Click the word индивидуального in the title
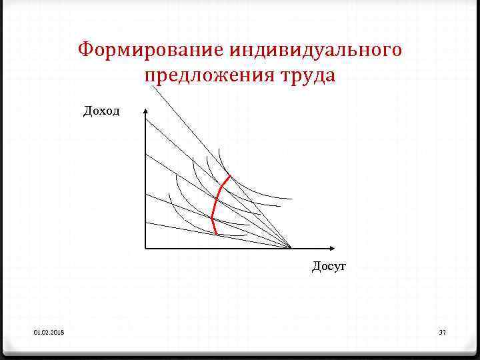[316, 50]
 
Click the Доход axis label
[101, 111]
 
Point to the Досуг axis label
[329, 266]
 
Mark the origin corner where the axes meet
[145, 248]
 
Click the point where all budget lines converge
[291, 248]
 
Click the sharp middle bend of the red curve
[212, 217]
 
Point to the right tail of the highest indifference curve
[292, 199]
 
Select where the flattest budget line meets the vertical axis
[145, 223]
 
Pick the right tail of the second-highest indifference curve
[280, 205]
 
